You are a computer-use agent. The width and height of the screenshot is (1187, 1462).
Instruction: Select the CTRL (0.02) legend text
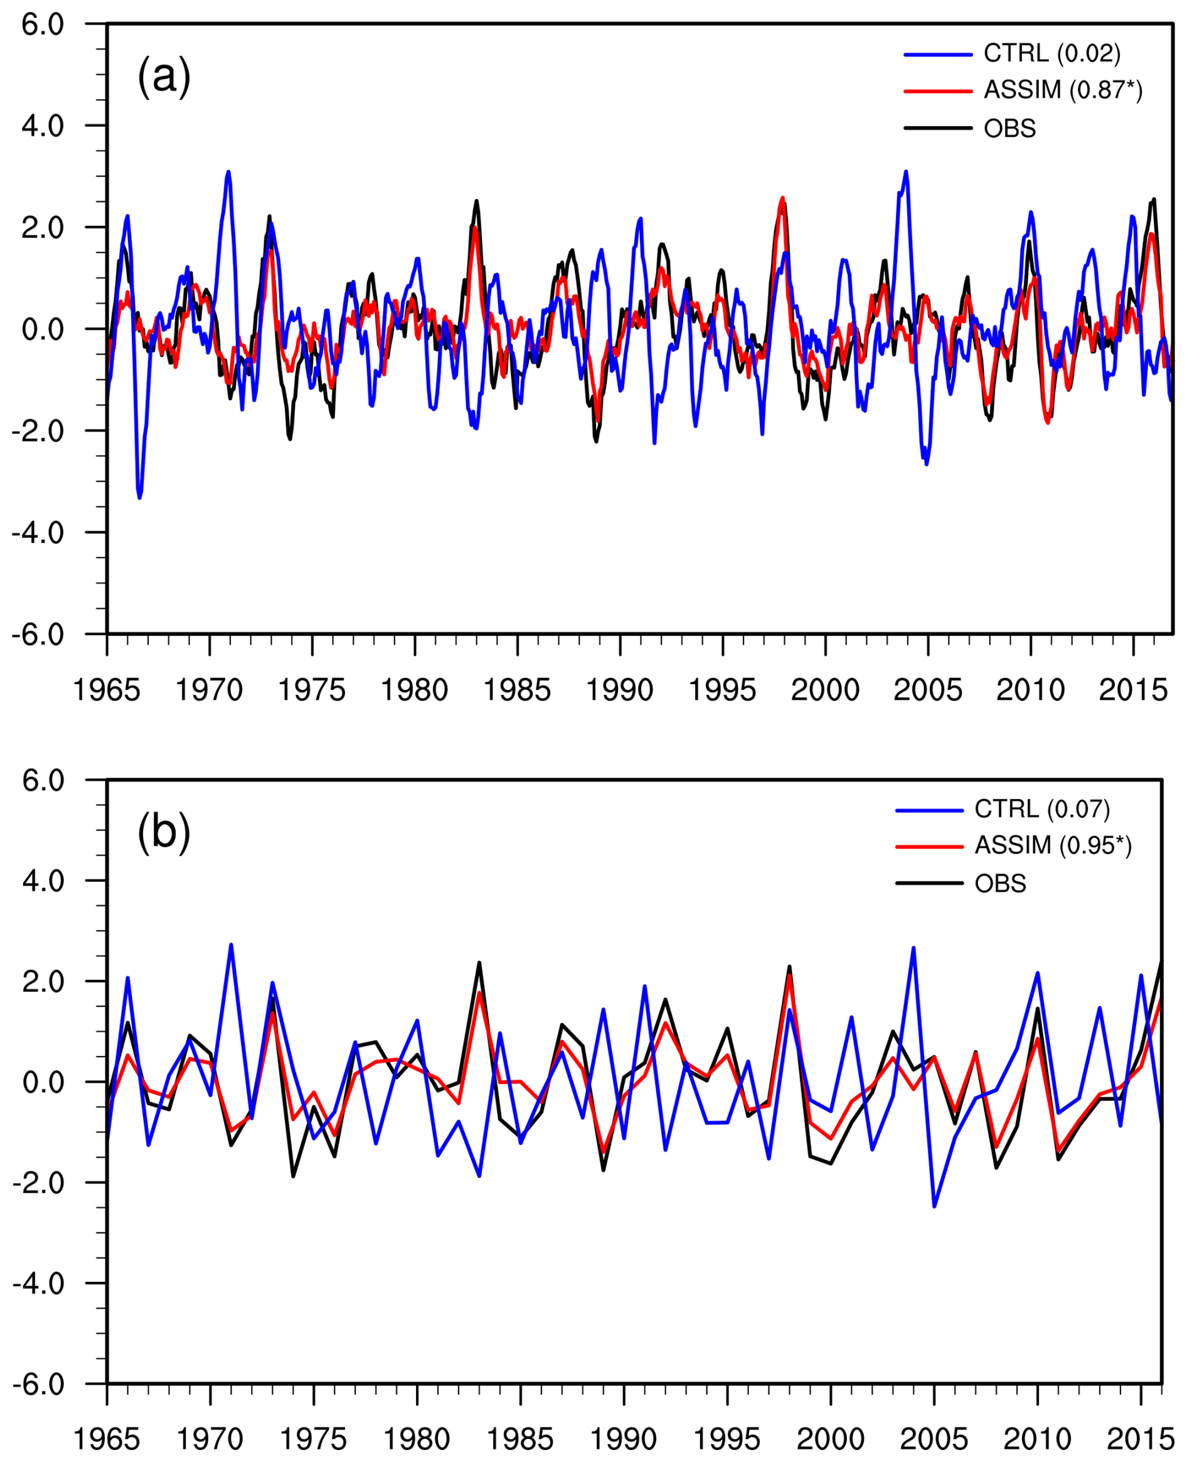1051,53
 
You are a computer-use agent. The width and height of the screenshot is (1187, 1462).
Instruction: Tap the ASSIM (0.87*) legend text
1063,90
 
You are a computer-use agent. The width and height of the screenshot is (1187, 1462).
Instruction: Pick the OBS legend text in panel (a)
1009,129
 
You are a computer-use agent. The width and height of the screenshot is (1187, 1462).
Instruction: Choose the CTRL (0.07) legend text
1042,809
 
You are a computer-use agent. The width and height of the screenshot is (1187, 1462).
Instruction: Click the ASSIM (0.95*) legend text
1053,846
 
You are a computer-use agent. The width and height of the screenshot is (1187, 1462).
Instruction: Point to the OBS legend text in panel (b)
1000,884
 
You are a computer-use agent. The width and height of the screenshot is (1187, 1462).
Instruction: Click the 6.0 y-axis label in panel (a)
43,24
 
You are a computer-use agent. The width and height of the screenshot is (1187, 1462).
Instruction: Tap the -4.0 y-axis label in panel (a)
38,533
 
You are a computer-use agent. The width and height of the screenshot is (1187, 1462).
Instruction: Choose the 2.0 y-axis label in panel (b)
43,982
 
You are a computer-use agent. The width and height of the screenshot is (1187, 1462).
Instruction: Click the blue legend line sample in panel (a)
938,54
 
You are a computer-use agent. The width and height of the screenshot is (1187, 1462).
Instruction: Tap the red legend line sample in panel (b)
930,847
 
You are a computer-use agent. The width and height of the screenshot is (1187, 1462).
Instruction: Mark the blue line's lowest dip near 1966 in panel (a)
139,498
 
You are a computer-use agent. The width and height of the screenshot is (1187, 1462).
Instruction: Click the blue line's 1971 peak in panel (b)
231,945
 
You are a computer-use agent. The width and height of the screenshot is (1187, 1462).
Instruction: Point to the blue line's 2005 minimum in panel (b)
934,1206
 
